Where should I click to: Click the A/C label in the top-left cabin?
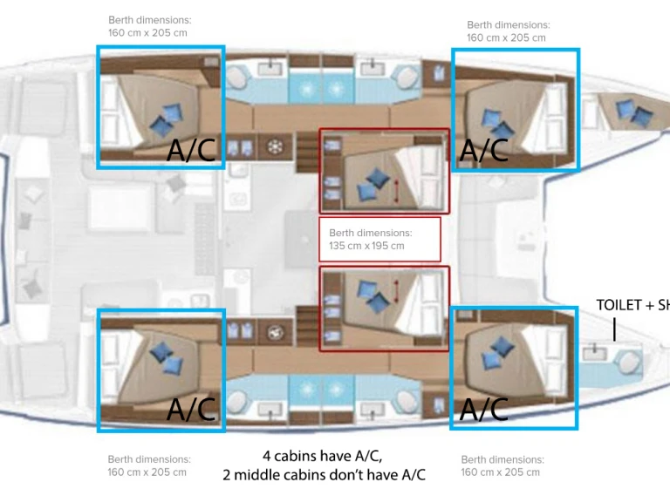tap(190, 150)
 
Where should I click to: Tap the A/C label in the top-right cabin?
tap(483, 150)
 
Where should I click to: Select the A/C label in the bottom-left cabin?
tap(190, 409)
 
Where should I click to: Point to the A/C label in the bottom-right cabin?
tap(483, 409)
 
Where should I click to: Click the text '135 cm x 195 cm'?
tap(366, 246)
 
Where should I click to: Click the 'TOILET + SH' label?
tap(632, 305)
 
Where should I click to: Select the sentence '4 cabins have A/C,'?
tap(322, 456)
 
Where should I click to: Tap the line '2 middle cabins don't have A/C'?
tap(324, 475)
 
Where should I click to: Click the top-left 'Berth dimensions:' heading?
tap(149, 20)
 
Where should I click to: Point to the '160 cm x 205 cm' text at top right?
tap(506, 37)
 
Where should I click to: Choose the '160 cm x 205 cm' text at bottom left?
tap(147, 472)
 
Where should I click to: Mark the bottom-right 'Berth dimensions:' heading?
tap(502, 460)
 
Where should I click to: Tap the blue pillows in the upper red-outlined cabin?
tap(373, 185)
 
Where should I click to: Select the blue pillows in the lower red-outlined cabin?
tap(373, 295)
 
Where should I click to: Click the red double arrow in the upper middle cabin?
tap(397, 190)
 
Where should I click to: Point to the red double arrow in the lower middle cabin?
tap(397, 292)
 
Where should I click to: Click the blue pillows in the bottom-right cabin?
tap(497, 352)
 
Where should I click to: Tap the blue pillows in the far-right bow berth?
tap(634, 112)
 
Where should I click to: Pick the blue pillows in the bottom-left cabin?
tap(167, 357)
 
